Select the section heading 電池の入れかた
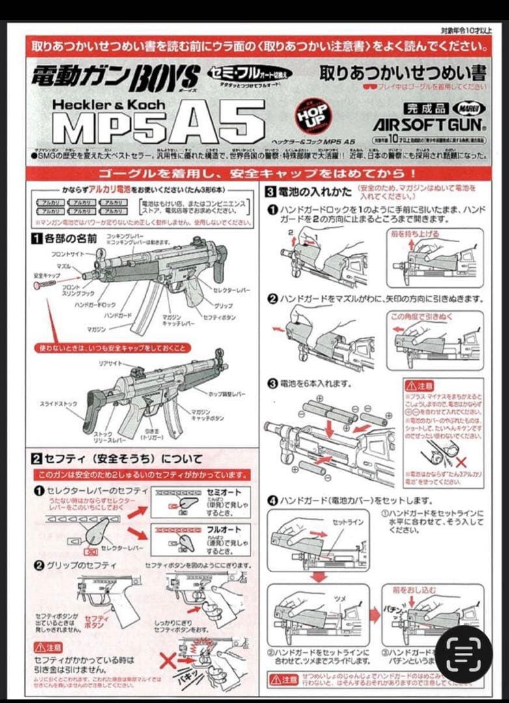tap(310, 192)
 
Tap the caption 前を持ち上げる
tap(423, 233)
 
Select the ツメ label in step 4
tap(341, 600)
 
